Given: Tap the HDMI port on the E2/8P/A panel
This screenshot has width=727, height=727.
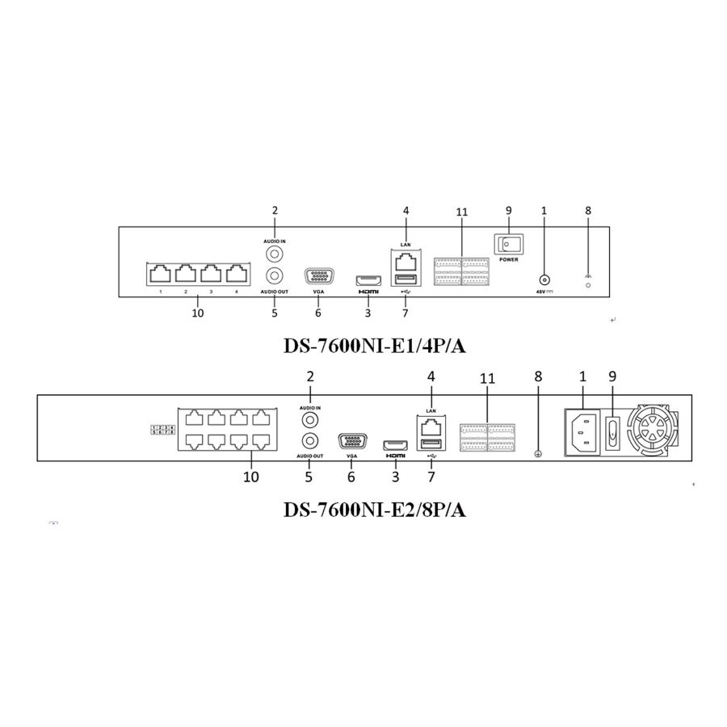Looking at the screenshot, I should click(395, 445).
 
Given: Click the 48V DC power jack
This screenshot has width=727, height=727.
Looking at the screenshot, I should click(544, 276).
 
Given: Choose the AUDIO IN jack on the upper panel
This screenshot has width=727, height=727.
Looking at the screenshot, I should click(275, 253).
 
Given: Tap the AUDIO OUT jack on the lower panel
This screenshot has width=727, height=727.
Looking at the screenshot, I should click(309, 441).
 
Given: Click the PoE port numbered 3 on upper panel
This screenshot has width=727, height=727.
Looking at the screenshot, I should click(211, 274).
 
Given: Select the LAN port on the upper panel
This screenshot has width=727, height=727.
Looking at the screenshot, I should click(406, 261).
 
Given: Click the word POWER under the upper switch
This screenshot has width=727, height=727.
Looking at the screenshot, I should click(509, 261).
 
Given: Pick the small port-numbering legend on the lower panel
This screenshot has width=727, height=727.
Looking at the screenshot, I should click(164, 430).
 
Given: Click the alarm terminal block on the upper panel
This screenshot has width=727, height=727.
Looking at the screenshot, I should click(462, 271).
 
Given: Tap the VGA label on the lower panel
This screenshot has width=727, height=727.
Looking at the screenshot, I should click(351, 456).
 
